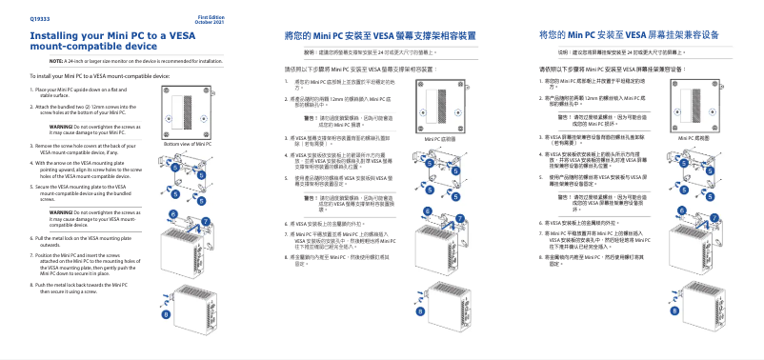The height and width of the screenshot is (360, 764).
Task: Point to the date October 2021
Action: [x=211, y=22]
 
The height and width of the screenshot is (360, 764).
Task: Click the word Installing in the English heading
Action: [x=60, y=34]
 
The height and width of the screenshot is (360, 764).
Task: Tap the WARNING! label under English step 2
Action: [x=62, y=126]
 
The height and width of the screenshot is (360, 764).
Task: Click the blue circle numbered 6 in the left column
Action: [x=174, y=215]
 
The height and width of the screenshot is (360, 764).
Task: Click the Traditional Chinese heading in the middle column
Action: [x=380, y=34]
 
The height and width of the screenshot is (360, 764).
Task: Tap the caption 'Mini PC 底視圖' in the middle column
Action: [x=439, y=138]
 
